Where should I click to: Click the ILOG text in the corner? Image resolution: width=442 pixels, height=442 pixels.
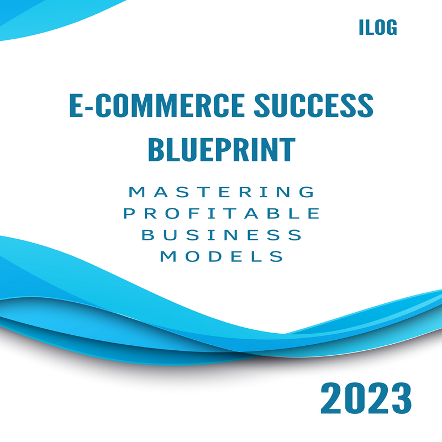point(378,27)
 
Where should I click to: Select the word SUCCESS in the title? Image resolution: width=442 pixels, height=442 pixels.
point(314,106)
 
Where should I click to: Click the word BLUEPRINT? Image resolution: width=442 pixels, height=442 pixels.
point(222,149)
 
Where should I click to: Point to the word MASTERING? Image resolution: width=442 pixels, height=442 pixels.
point(222,192)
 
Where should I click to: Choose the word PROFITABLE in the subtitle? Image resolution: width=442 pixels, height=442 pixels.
point(222,213)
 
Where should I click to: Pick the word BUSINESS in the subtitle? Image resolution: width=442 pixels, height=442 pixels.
point(222,235)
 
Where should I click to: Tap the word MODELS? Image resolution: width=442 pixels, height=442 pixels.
point(222,256)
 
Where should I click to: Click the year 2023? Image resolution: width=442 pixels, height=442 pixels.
point(366,398)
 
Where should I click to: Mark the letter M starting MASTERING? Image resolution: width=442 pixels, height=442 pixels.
point(136,192)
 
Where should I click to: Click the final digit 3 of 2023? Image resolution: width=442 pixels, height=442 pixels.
point(402,398)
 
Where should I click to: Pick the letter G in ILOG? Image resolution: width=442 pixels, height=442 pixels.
point(392,27)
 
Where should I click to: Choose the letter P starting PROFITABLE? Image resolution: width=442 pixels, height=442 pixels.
point(129,213)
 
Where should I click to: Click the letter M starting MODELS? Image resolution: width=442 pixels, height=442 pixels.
point(169,256)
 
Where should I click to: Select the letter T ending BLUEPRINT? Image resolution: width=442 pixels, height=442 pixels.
point(288,149)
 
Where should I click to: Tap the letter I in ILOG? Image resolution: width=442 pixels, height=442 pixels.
point(361,27)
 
